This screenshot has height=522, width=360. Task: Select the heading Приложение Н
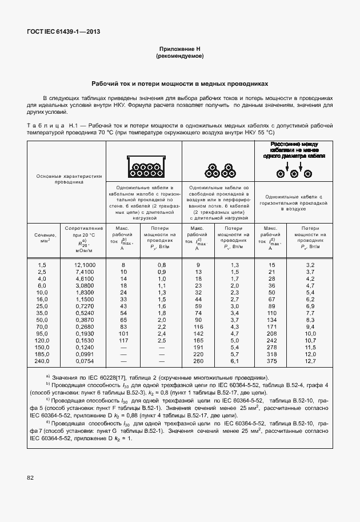pyautogui.click(x=179, y=50)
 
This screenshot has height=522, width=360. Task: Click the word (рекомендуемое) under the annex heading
pyautogui.click(x=179, y=57)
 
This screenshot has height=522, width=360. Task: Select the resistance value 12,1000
pyautogui.click(x=85, y=265)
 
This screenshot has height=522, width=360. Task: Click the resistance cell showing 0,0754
pyautogui.click(x=85, y=361)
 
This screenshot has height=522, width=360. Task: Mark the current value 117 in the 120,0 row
pyautogui.click(x=122, y=340)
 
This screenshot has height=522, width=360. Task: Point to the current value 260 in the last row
pyautogui.click(x=198, y=361)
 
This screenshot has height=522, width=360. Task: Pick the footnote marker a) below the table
pyautogui.click(x=47, y=377)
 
